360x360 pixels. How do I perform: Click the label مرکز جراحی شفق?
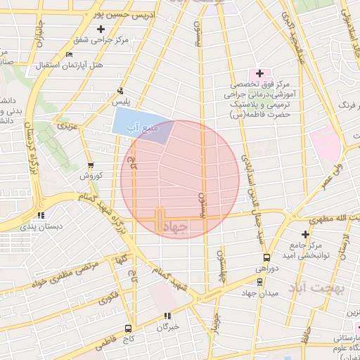click(103, 40)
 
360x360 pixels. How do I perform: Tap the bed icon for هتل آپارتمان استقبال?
click(68, 55)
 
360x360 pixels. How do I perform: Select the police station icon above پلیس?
click(120, 91)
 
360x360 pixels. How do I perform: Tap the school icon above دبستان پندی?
click(43, 215)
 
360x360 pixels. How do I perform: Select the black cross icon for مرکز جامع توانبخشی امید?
click(305, 233)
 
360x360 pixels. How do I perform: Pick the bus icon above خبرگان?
click(167, 316)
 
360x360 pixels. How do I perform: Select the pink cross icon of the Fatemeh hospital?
click(259, 72)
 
